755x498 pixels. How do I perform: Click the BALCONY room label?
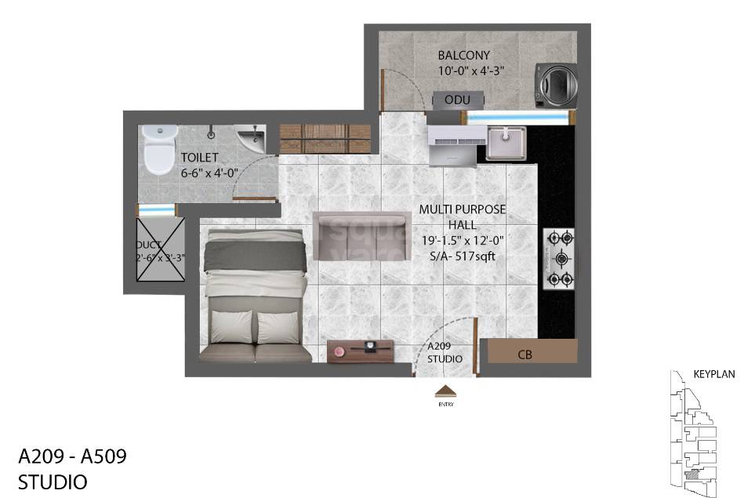click(x=464, y=55)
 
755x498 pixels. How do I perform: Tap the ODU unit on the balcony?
click(x=457, y=100)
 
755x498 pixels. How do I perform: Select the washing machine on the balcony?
click(x=554, y=83)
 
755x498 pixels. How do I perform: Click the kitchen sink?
click(x=507, y=143)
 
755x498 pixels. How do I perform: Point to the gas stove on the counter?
click(x=559, y=258)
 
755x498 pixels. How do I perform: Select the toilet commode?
click(x=158, y=149)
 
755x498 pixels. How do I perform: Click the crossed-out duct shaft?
click(x=161, y=249)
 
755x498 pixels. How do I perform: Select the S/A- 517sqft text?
click(x=463, y=256)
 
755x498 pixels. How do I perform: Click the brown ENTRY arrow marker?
click(x=445, y=391)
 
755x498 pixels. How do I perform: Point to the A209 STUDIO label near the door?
click(x=445, y=352)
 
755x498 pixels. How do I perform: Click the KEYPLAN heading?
click(x=713, y=374)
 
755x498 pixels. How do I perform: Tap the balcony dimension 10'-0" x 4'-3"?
click(x=470, y=71)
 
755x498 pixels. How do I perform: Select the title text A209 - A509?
click(x=72, y=456)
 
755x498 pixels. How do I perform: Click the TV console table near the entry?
click(x=360, y=350)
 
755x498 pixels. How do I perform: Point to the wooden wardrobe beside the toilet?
click(x=325, y=138)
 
